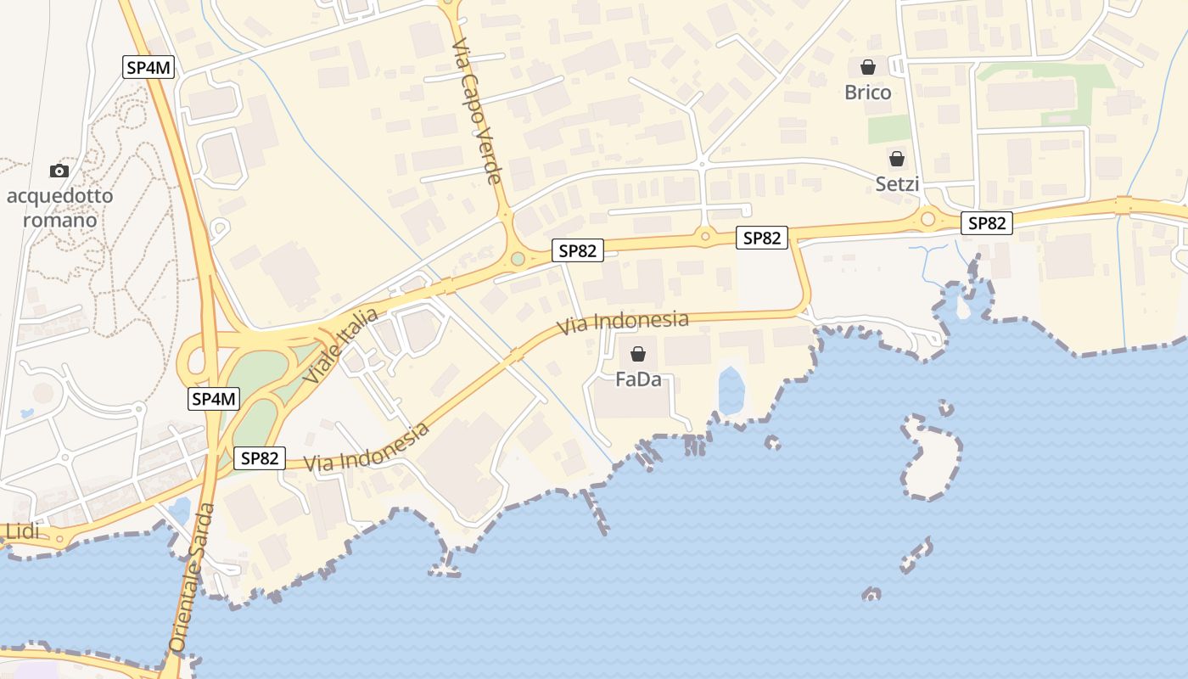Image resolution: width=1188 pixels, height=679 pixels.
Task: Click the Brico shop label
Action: click(867, 92)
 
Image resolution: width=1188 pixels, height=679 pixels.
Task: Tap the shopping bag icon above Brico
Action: click(868, 66)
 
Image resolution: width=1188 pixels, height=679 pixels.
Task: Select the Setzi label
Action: click(897, 183)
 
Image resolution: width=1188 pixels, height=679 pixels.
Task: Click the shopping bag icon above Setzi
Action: click(896, 159)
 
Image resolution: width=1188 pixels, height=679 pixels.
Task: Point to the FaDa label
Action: click(638, 379)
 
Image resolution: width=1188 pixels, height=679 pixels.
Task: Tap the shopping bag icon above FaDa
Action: click(638, 354)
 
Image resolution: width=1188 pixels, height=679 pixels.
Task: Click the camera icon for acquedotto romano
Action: click(59, 171)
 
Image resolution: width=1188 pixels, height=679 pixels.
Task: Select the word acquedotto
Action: click(59, 197)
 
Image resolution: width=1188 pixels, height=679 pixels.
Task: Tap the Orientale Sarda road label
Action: click(191, 577)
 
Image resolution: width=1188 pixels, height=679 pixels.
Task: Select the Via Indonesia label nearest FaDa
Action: click(623, 323)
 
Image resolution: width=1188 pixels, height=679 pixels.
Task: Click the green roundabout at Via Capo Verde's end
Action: click(518, 258)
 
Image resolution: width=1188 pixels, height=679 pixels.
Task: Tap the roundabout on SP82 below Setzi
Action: click(927, 219)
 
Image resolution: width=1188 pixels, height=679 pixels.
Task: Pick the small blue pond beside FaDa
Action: click(731, 390)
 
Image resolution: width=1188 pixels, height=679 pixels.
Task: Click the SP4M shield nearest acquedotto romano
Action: click(149, 68)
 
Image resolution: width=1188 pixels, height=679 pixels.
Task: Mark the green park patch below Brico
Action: click(888, 129)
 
